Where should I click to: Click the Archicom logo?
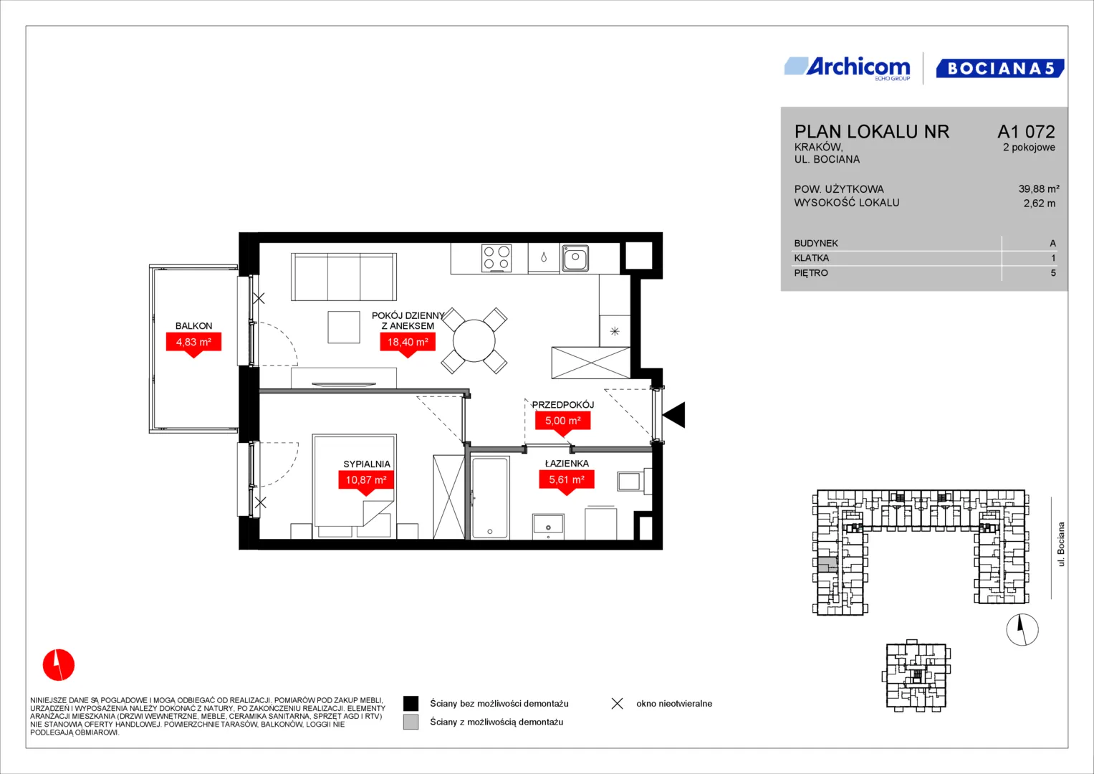tap(848, 68)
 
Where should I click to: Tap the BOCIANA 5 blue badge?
tap(999, 68)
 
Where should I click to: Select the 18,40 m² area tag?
tap(408, 345)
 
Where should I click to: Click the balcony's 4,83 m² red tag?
tap(193, 345)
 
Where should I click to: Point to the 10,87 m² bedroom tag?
tap(366, 482)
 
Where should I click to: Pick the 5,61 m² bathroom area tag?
tap(567, 482)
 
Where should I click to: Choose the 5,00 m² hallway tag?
tap(562, 423)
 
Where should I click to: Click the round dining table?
tap(474, 340)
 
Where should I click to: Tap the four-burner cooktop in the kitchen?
tap(496, 258)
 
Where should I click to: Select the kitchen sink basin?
tap(575, 257)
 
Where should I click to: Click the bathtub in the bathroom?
tap(490, 497)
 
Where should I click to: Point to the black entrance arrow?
tap(673, 415)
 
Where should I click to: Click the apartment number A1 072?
tap(1026, 131)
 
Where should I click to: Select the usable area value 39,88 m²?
tap(1039, 188)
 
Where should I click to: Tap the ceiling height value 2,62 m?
tap(1040, 204)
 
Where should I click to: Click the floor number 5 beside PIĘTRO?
tap(1053, 273)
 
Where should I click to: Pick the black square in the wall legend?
tap(411, 704)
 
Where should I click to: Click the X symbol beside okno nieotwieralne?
tap(618, 704)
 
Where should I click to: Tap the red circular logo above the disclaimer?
tap(59, 664)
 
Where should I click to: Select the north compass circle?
tap(1022, 629)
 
